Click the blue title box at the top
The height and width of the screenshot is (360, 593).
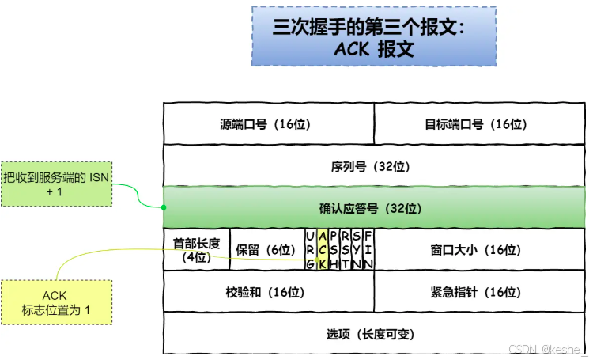tap(374, 36)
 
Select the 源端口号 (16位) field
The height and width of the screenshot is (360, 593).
tap(268, 124)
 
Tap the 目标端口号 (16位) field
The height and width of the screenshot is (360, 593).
tap(479, 124)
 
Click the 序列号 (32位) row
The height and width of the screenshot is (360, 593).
tap(374, 166)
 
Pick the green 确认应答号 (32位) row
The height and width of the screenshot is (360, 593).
tap(374, 209)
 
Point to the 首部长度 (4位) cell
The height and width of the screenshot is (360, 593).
tap(195, 249)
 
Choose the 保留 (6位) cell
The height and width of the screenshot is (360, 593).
tap(266, 249)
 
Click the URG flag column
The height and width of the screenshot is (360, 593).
tap(311, 249)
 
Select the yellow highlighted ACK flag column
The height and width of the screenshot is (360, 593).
tap(323, 249)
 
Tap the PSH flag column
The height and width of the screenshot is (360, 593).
tap(334, 249)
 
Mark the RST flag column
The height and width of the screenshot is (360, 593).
tap(346, 249)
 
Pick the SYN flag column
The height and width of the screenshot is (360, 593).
tap(357, 249)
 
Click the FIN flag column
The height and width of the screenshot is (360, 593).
tap(368, 249)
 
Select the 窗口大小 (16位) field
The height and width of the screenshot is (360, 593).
tap(479, 249)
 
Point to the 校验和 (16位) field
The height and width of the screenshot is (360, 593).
tap(268, 291)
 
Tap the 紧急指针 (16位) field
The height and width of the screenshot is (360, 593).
tap(479, 291)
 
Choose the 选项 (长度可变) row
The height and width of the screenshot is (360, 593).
tap(374, 333)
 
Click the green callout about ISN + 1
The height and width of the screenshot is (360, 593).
tap(55, 184)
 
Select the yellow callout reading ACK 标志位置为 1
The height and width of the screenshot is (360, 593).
tap(55, 303)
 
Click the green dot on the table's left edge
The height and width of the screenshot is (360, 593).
tap(163, 208)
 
